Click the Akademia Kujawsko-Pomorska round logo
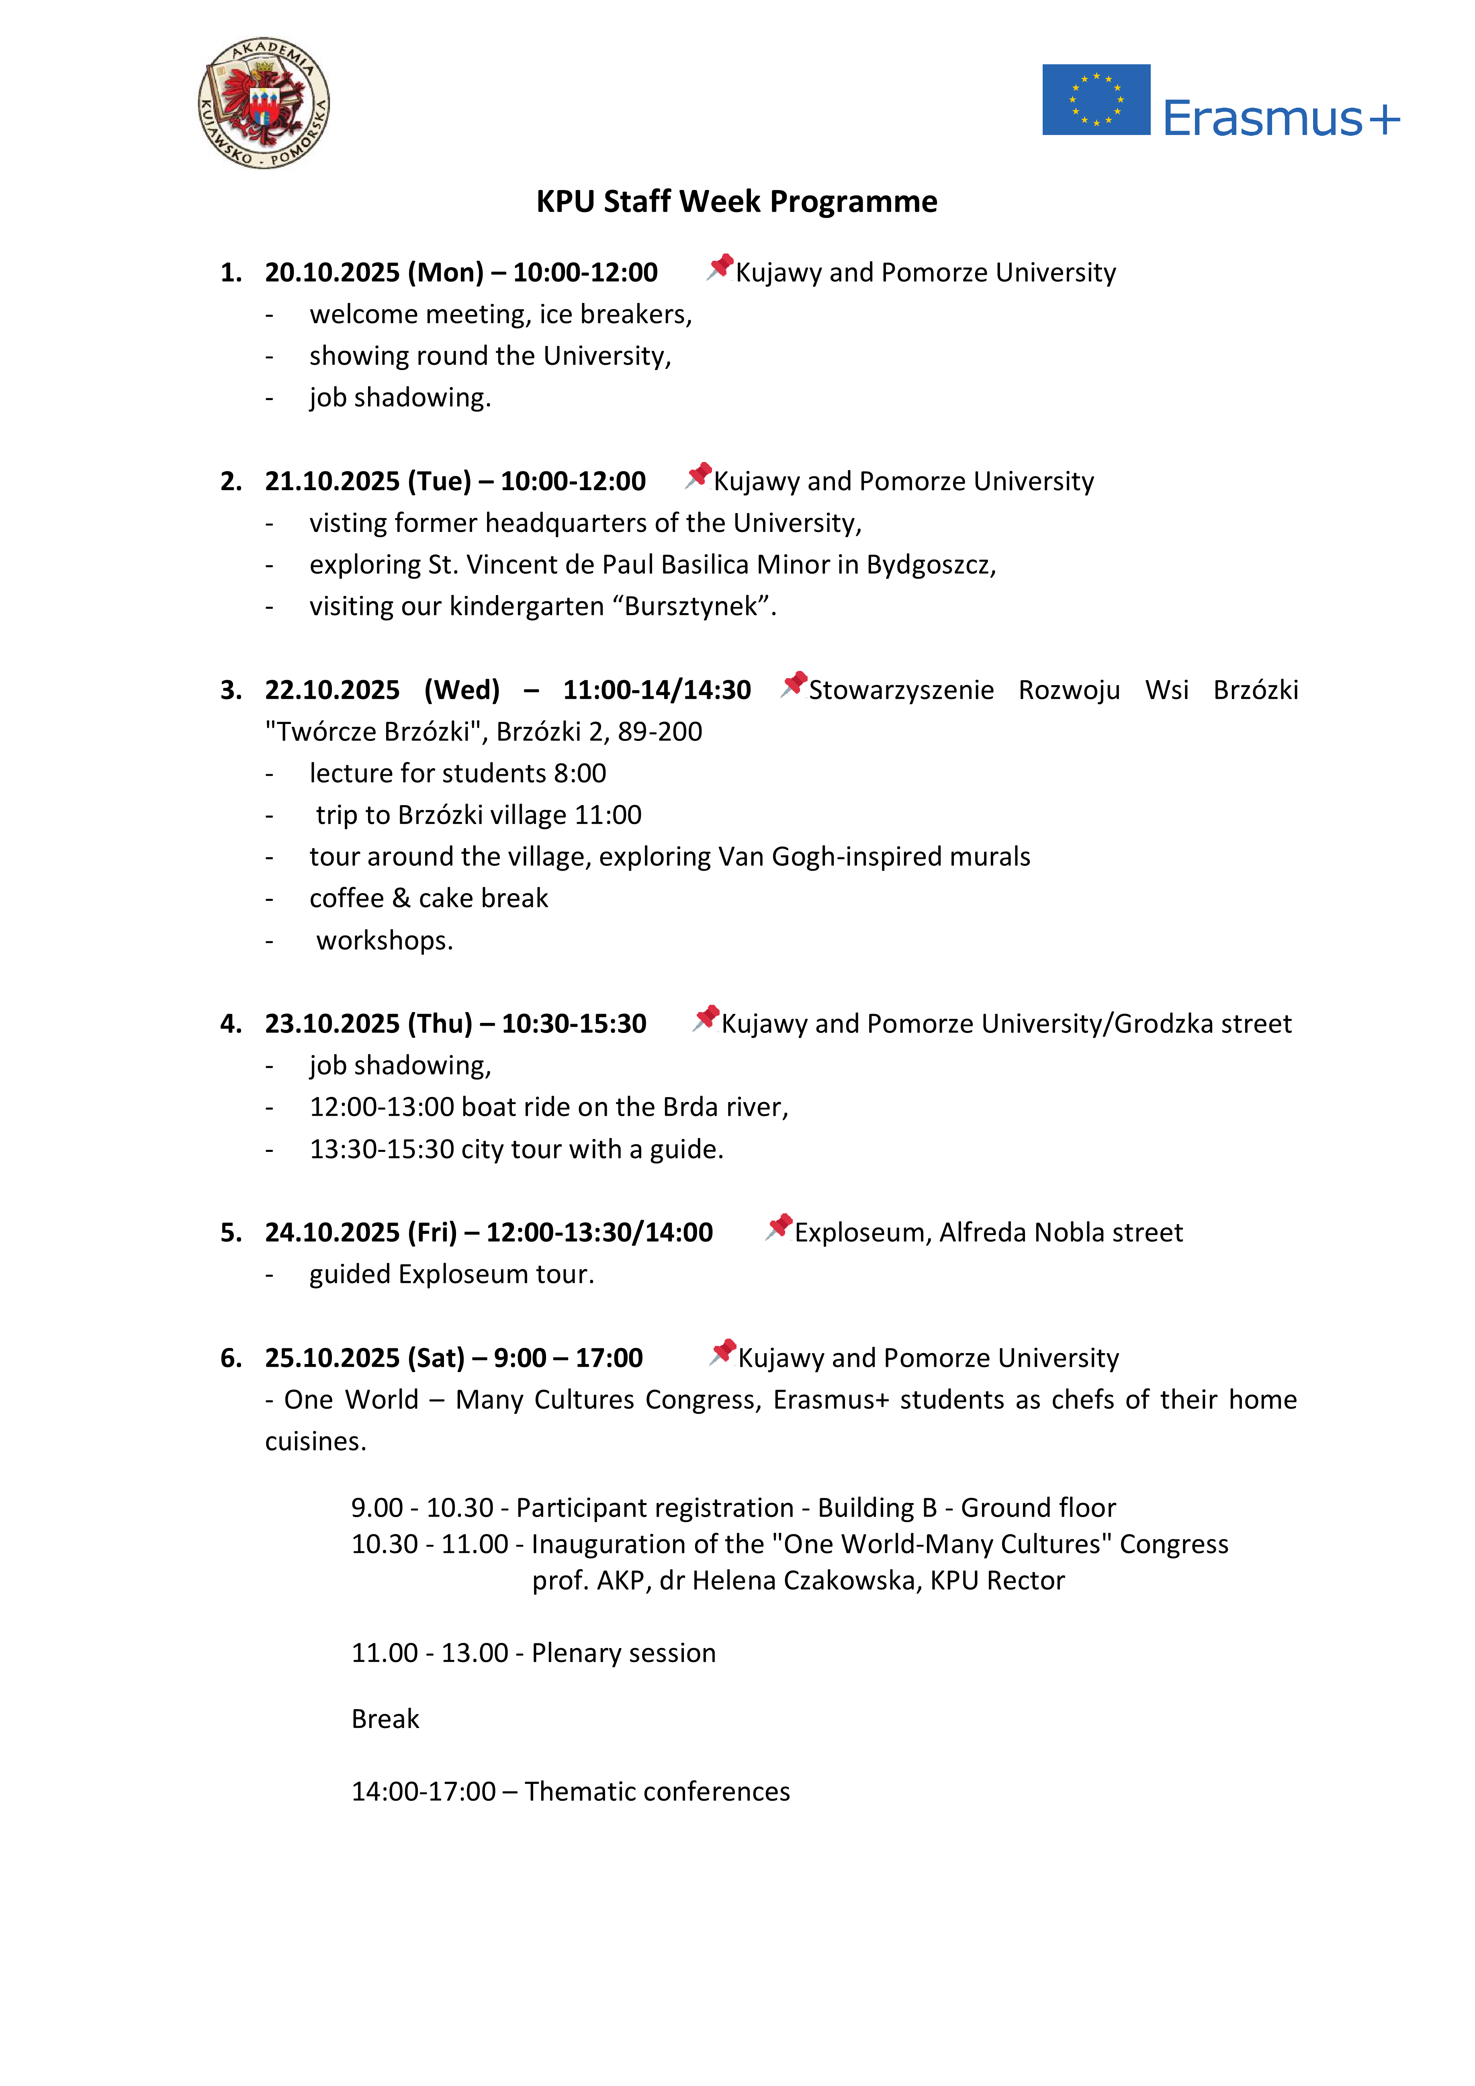(264, 103)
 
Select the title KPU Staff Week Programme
(736, 201)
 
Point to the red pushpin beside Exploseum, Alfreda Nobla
(779, 1227)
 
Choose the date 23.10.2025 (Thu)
(368, 1024)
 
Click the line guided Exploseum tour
(452, 1275)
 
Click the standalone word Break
(385, 1719)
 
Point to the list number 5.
(230, 1233)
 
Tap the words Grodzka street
(1202, 1024)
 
